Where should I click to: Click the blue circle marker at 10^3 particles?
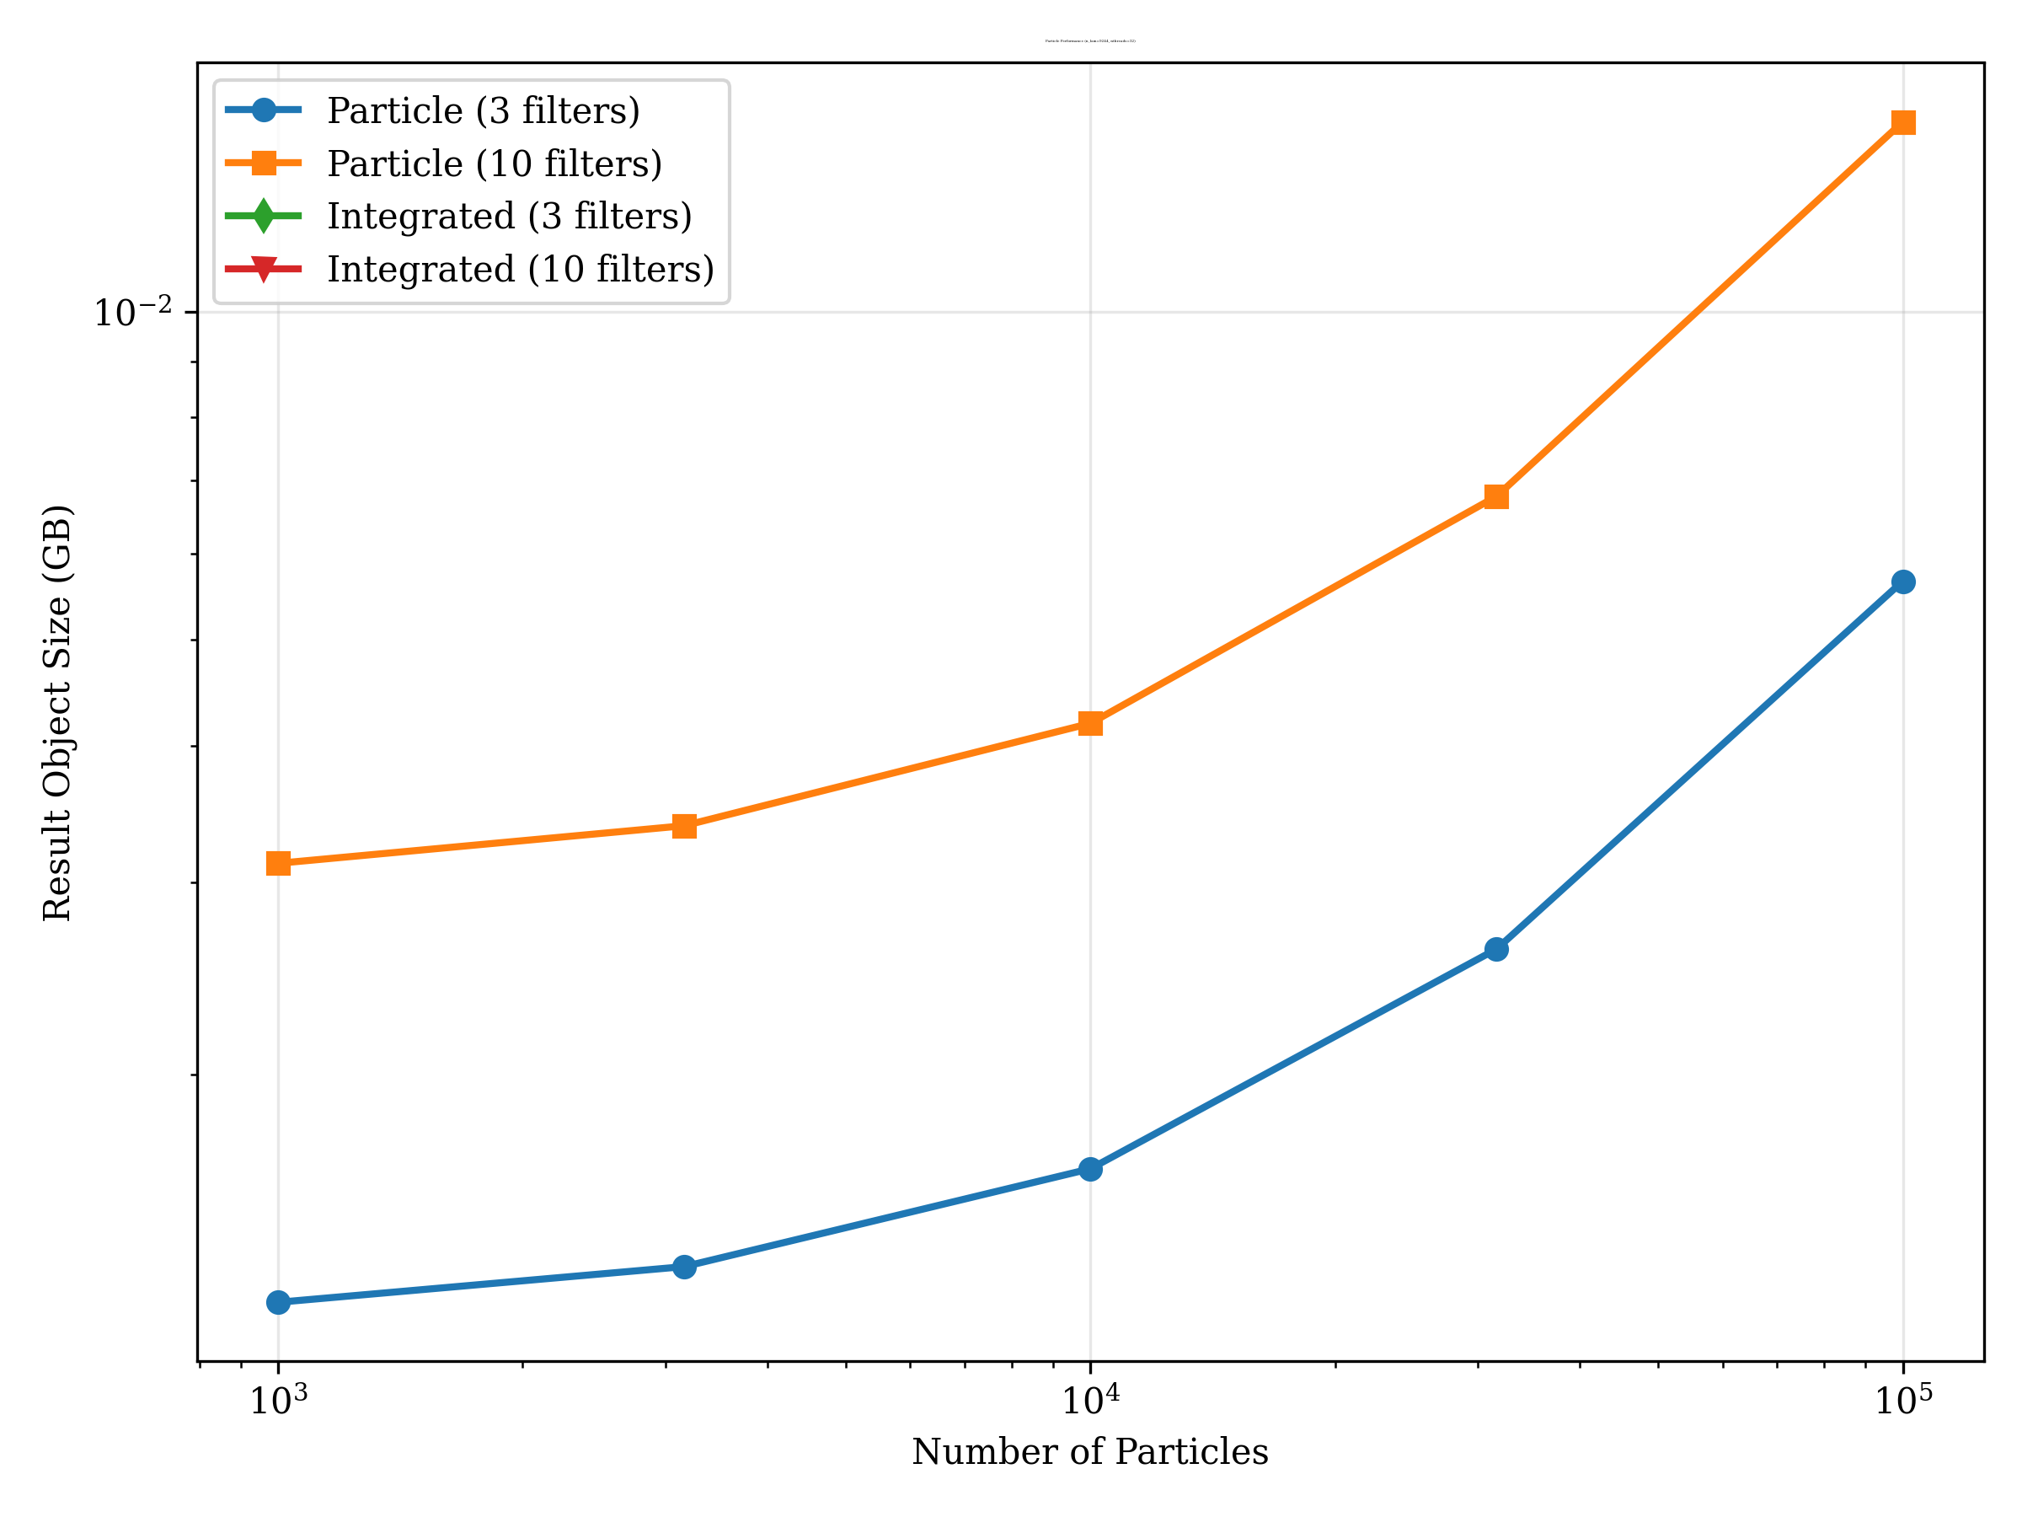279,1302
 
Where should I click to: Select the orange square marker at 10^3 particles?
279,863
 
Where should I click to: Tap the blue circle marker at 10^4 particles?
1090,1170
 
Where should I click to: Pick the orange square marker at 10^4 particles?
1090,724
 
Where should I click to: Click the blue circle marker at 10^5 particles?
1903,582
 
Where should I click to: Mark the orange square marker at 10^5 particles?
1903,122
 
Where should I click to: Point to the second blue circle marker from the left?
685,1267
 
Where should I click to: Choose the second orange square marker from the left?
685,827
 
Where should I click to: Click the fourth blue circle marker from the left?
1496,949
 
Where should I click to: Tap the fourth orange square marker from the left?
1496,496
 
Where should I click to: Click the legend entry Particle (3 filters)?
483,110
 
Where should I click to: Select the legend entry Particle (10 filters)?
494,163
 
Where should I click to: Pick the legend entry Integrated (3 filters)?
509,217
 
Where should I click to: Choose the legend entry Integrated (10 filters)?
520,270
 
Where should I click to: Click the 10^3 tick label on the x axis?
279,1399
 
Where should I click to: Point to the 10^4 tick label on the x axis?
1090,1399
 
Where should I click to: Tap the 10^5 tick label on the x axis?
1903,1399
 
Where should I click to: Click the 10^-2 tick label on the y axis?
133,312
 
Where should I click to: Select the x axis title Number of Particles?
1089,1452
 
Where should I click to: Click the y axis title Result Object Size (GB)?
56,712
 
